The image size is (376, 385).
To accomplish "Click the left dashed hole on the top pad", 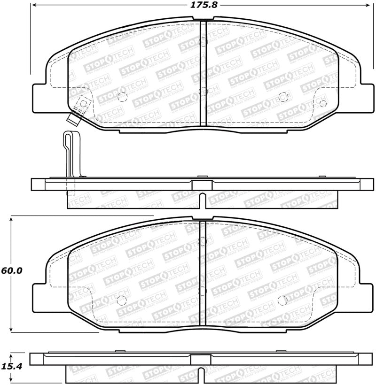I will click(x=122, y=97).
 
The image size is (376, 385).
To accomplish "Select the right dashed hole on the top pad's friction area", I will click(x=283, y=97).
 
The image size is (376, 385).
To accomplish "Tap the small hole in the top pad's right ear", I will click(x=322, y=102).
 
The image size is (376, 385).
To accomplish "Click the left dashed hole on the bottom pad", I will click(x=122, y=300).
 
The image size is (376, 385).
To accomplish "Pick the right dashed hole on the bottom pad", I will click(x=283, y=300).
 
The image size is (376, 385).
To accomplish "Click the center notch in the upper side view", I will click(x=202, y=199).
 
